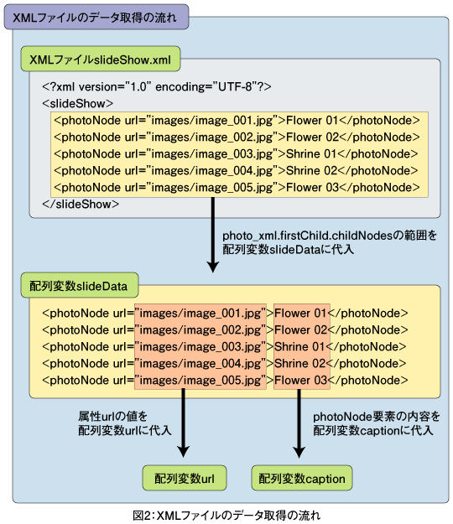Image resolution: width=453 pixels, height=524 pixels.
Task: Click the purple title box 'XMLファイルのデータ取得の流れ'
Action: coord(96,17)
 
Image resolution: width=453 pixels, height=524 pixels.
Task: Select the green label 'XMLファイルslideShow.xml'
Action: coord(101,60)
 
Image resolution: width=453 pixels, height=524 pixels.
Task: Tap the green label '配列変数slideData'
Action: coord(79,285)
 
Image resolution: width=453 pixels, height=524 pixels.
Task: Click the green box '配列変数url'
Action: coord(185,478)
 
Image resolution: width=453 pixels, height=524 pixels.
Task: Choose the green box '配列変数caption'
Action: coord(301,478)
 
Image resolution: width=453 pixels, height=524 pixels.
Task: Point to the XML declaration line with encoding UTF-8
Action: coord(157,87)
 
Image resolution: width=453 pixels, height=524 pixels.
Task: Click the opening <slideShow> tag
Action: coord(77,104)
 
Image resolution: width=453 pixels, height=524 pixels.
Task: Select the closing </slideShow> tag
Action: coord(81,204)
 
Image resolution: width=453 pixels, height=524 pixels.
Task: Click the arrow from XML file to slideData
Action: coord(213,235)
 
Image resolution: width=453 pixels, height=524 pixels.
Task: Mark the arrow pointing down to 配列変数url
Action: coord(183,423)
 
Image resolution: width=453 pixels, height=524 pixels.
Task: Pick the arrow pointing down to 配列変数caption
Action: coord(299,423)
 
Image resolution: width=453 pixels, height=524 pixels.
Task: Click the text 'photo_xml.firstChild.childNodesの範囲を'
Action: coord(330,236)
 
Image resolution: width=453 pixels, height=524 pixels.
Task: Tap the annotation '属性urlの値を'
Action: coord(112,417)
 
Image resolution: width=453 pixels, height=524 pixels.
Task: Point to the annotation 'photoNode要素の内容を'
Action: coord(377,417)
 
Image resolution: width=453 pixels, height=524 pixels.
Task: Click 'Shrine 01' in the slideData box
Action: coord(299,346)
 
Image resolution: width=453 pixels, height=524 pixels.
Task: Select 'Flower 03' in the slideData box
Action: coord(300,380)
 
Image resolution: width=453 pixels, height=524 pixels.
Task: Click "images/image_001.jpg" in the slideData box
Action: coord(200,313)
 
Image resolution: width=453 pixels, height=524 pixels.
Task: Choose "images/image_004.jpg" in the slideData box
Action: coord(200,363)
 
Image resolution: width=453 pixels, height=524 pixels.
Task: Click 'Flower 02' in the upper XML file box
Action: coord(312,137)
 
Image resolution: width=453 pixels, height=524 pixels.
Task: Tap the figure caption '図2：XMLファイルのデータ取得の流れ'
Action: coord(226,516)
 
